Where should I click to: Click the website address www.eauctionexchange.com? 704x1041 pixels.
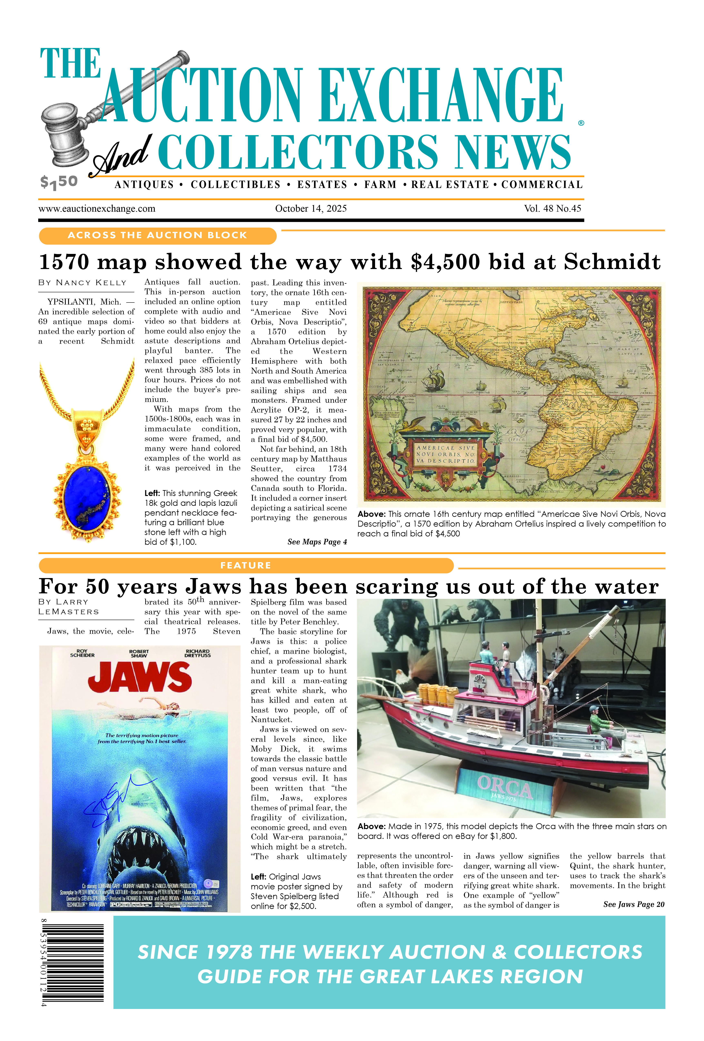click(97, 209)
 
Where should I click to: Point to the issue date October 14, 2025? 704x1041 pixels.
click(311, 209)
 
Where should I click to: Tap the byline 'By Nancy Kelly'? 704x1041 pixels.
click(82, 283)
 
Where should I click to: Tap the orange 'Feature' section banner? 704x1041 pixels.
click(246, 565)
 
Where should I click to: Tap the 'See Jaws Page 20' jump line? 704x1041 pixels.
click(633, 904)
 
